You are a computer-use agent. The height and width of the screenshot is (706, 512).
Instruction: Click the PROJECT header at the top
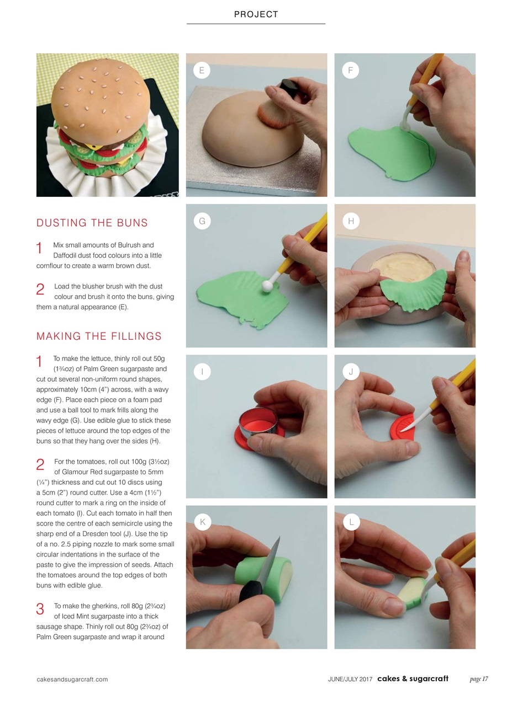(256, 14)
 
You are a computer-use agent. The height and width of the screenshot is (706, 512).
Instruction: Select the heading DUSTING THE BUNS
(92, 223)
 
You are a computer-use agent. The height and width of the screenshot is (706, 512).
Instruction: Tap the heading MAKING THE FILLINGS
(99, 336)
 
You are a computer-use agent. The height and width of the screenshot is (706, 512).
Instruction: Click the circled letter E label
(202, 70)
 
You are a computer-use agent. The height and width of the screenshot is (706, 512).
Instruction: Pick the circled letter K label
(203, 522)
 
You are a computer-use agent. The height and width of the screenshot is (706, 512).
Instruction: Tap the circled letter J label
(351, 371)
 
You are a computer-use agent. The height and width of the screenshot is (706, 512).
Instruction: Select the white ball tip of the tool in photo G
(268, 286)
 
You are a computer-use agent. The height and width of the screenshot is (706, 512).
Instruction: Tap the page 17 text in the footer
(478, 679)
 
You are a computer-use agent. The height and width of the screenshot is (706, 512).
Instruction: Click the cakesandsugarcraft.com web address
(72, 680)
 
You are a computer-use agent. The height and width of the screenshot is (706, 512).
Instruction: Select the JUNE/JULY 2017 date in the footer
(350, 680)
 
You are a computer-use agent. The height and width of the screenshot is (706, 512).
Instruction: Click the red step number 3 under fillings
(40, 609)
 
